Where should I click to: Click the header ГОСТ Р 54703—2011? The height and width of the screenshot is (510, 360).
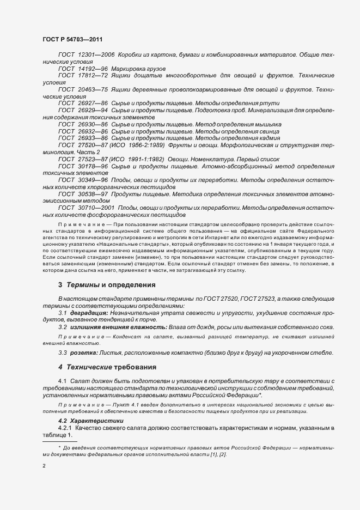click(71, 39)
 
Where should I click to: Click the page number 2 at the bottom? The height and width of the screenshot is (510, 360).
click(44, 466)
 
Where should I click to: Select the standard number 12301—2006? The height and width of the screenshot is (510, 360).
click(96, 55)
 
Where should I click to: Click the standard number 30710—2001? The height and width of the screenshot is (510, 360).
click(96, 208)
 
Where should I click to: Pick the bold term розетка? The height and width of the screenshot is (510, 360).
click(86, 353)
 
